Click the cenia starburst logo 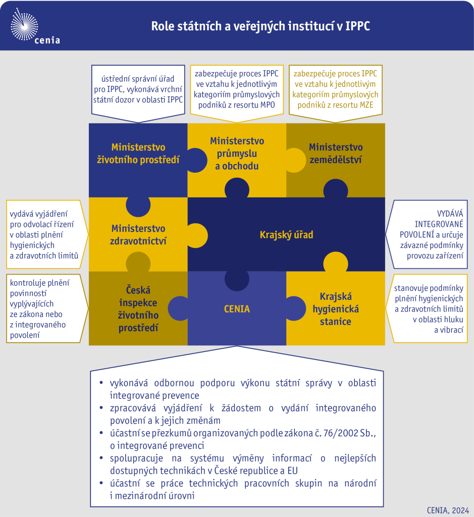pyautogui.click(x=24, y=25)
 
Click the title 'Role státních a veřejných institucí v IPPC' pyautogui.click(x=260, y=26)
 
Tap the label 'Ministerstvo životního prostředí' pyautogui.click(x=138, y=153)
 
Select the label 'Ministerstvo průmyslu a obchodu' pyautogui.click(x=237, y=153)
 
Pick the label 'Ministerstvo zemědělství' pyautogui.click(x=336, y=153)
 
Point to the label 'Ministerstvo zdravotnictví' pyautogui.click(x=138, y=235)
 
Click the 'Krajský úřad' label pyautogui.click(x=286, y=235)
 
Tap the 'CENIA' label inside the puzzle pyautogui.click(x=237, y=309)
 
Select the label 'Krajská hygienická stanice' pyautogui.click(x=336, y=309)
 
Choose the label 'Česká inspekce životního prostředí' pyautogui.click(x=138, y=309)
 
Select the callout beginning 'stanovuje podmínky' pyautogui.click(x=427, y=308)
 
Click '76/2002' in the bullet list pyautogui.click(x=341, y=433)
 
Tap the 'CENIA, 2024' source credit pyautogui.click(x=448, y=510)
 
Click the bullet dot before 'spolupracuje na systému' pyautogui.click(x=101, y=457)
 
